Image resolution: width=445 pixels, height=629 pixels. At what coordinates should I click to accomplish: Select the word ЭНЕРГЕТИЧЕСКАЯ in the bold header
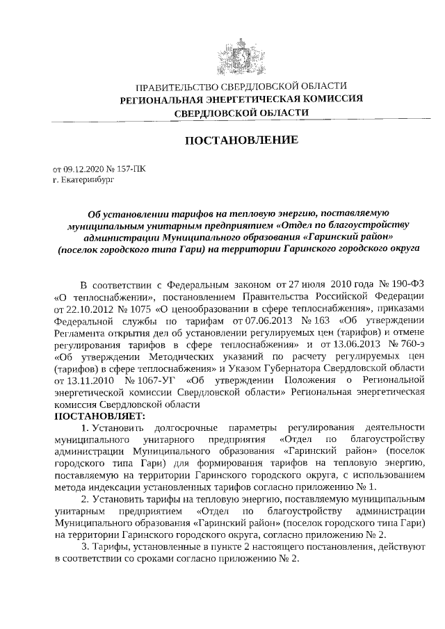click(241, 99)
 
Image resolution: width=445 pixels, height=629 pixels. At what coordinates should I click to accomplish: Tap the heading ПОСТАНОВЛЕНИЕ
click(241, 141)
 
